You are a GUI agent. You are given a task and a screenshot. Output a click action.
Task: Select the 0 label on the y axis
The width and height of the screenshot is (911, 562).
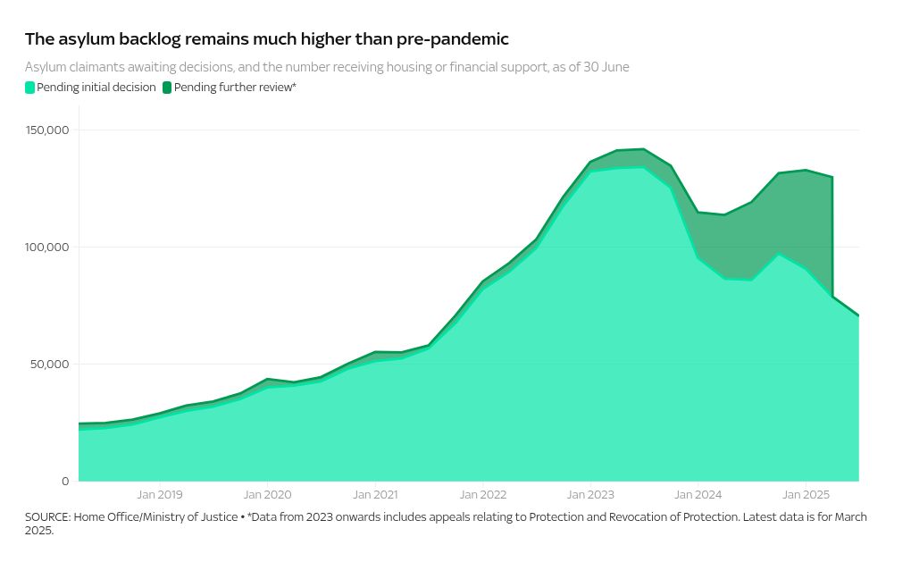click(x=65, y=482)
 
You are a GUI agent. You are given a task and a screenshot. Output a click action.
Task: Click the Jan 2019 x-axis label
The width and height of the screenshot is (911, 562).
click(x=159, y=494)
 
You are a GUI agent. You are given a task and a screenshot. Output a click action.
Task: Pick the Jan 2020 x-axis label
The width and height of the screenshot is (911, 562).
click(x=267, y=494)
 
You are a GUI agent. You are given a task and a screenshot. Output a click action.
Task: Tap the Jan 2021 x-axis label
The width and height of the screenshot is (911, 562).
click(x=375, y=494)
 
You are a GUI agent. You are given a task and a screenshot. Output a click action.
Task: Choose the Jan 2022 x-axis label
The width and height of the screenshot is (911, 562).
click(x=482, y=494)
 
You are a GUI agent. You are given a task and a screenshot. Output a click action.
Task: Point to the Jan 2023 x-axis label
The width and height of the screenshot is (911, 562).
click(x=590, y=494)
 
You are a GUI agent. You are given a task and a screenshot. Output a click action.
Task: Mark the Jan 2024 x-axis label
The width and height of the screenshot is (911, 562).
click(x=698, y=494)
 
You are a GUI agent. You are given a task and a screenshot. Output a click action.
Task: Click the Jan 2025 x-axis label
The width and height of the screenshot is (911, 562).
click(x=806, y=494)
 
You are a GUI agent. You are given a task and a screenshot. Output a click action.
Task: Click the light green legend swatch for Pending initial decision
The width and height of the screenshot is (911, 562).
click(x=29, y=88)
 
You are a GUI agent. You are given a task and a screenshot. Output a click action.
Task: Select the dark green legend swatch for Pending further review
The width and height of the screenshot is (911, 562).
click(x=167, y=88)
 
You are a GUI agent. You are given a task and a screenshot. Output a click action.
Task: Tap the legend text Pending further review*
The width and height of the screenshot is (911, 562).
click(x=235, y=88)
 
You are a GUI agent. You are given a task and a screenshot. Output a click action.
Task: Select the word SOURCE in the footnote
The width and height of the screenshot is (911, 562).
click(x=47, y=517)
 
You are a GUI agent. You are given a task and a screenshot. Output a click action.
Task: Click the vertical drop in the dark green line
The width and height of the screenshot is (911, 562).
click(x=832, y=237)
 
